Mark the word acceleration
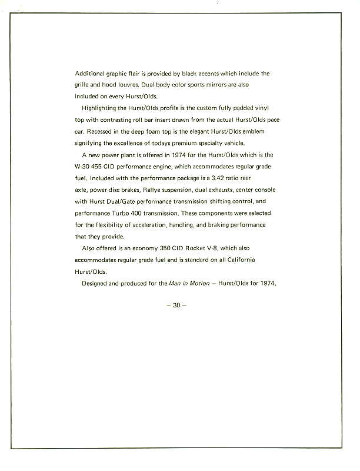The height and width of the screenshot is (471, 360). (163, 225)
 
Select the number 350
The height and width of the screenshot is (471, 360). (166, 248)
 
